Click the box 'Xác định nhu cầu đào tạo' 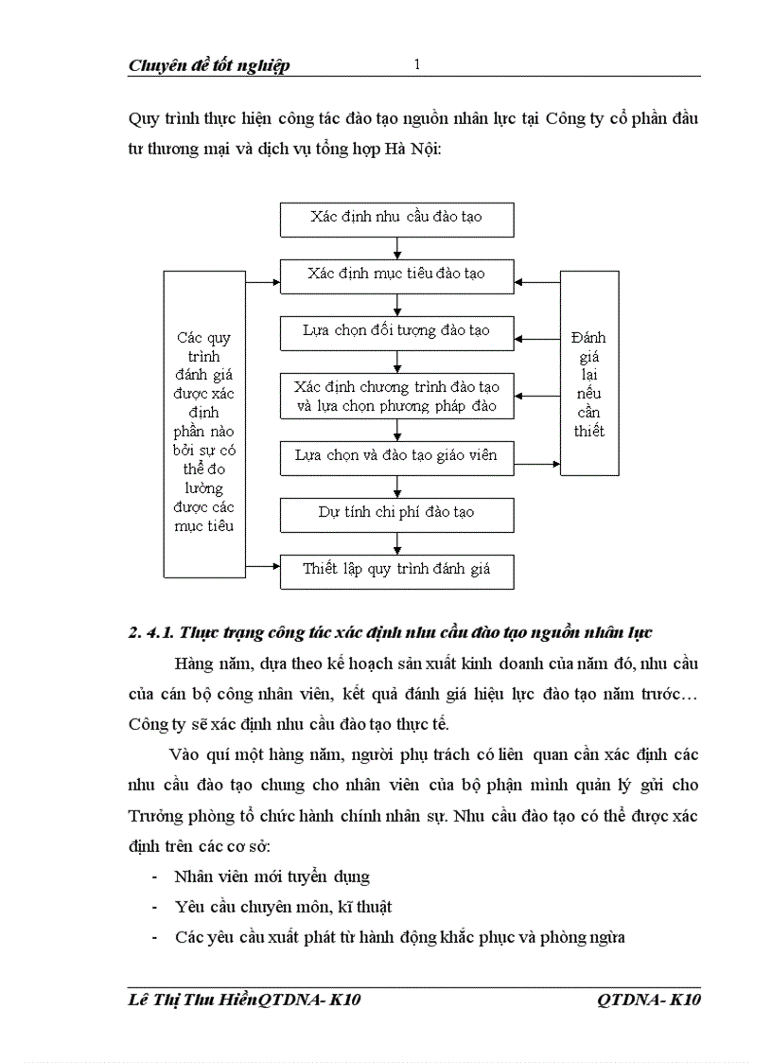tap(396, 218)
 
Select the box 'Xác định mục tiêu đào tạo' tap(396, 275)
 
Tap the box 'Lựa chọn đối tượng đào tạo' tap(396, 332)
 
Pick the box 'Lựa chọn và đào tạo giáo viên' tap(396, 456)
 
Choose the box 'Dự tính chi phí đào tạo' tap(396, 514)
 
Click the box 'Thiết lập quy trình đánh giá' tap(396, 571)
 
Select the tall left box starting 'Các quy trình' tap(204, 424)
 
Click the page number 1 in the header tap(416, 64)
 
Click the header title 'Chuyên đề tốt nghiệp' tap(209, 65)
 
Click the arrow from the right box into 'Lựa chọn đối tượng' tap(537, 340)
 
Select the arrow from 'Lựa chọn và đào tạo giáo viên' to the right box tap(537, 464)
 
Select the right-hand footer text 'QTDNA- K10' tap(649, 1001)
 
